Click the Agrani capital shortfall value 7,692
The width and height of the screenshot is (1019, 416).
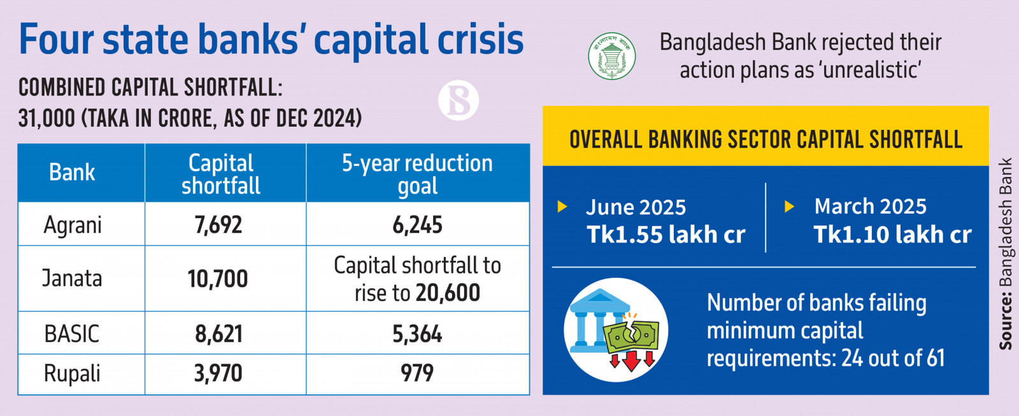tap(218, 225)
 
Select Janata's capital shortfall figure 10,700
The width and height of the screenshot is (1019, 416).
tap(218, 279)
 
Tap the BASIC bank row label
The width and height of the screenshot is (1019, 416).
tap(72, 334)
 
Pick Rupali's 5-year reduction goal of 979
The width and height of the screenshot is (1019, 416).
tap(417, 373)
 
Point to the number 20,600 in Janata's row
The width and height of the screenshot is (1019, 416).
tap(448, 293)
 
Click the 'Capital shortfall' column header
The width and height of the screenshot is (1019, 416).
tap(221, 174)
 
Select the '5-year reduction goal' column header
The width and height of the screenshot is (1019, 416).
tap(417, 174)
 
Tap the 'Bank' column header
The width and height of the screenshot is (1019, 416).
tap(72, 172)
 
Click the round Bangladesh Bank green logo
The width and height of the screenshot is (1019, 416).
tap(611, 56)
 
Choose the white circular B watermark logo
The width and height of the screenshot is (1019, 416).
tap(458, 101)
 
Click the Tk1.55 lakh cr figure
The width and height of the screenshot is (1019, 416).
tap(666, 235)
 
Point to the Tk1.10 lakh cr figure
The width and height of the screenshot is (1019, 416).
tap(892, 235)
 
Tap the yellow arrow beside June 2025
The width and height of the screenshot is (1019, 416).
tap(562, 207)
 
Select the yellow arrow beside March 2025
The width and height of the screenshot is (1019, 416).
tap(789, 206)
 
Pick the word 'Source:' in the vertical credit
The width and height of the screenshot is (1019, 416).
tap(1006, 321)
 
